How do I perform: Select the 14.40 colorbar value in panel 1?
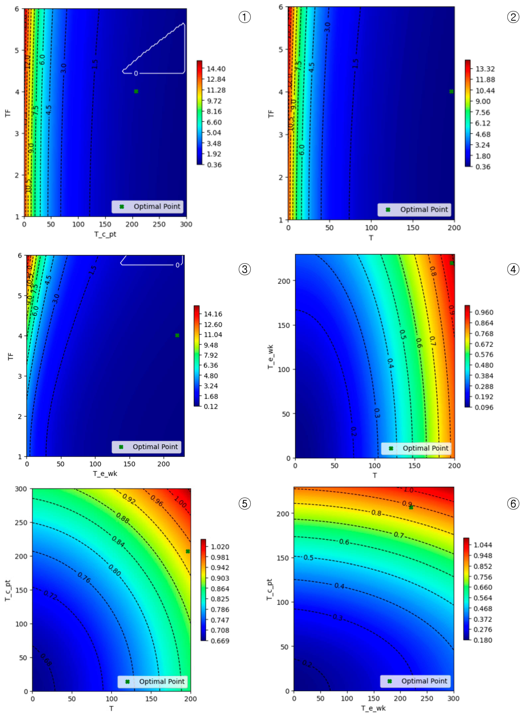tap(216, 69)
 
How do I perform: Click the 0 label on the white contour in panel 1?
tap(136, 73)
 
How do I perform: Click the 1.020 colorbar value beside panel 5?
tap(220, 547)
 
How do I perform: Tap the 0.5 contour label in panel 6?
tap(308, 557)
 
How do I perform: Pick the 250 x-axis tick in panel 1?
tap(159, 224)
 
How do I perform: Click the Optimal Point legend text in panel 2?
tap(424, 209)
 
